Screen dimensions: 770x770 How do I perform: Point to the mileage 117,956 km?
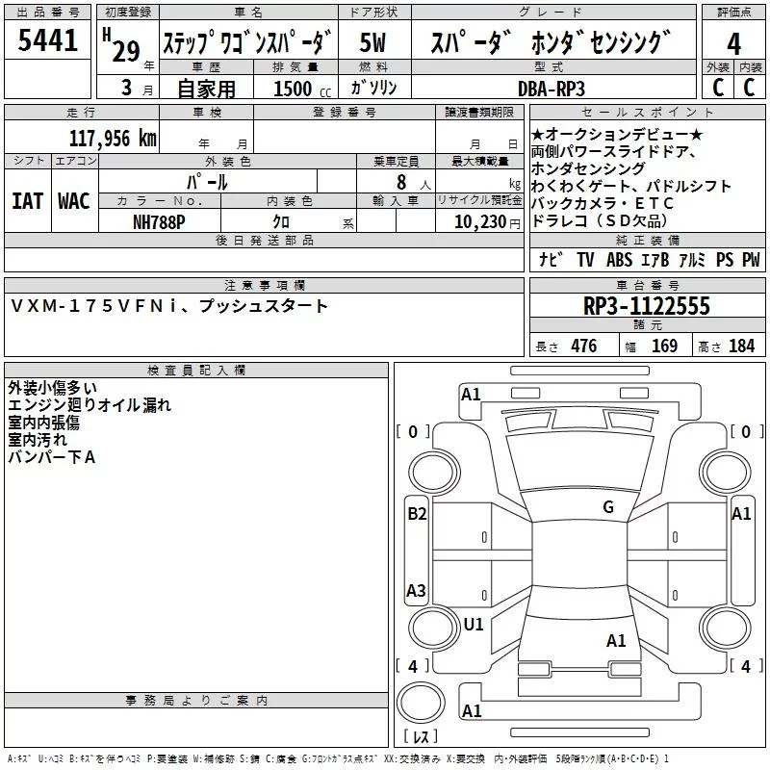coord(113,138)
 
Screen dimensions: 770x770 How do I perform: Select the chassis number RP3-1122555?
coord(646,307)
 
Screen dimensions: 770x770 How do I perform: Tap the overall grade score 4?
coord(734,43)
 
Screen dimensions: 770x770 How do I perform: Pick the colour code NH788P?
coord(160,220)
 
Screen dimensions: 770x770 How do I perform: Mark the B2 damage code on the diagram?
coord(417,514)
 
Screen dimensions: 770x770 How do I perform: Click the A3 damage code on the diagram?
coord(417,590)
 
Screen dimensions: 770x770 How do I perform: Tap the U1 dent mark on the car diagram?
coord(473,625)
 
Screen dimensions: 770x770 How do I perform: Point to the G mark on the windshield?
coord(608,507)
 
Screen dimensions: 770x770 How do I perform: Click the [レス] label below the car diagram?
coord(420,737)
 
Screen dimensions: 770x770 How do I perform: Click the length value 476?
coord(583,346)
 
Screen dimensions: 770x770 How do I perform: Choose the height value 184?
coord(741,346)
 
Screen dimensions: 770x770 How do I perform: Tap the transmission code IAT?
coord(27,201)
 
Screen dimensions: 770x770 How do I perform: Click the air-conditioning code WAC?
coord(74,201)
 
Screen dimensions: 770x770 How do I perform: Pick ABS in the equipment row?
coord(620,260)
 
